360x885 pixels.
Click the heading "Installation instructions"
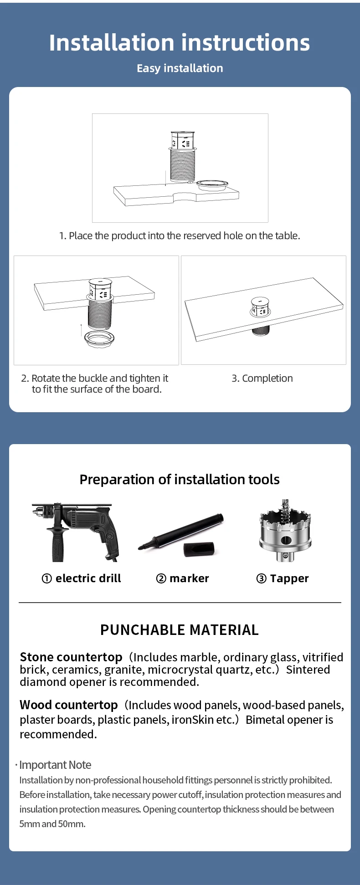coord(180,43)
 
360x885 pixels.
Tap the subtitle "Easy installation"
coord(180,68)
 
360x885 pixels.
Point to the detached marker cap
coord(199,549)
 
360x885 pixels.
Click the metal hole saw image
coord(285,530)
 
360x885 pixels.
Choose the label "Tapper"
coord(289,578)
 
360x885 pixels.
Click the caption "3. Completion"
coord(262,379)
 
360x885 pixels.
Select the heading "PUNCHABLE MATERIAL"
coord(180,630)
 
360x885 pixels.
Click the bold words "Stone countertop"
coord(71,657)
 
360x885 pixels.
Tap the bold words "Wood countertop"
coord(69,705)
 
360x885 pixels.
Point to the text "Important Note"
coord(55,765)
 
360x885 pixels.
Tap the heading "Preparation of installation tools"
coord(180,480)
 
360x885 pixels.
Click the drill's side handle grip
coord(58,544)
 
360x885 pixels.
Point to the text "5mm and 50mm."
coord(52,824)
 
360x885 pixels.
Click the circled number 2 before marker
coord(161,578)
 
